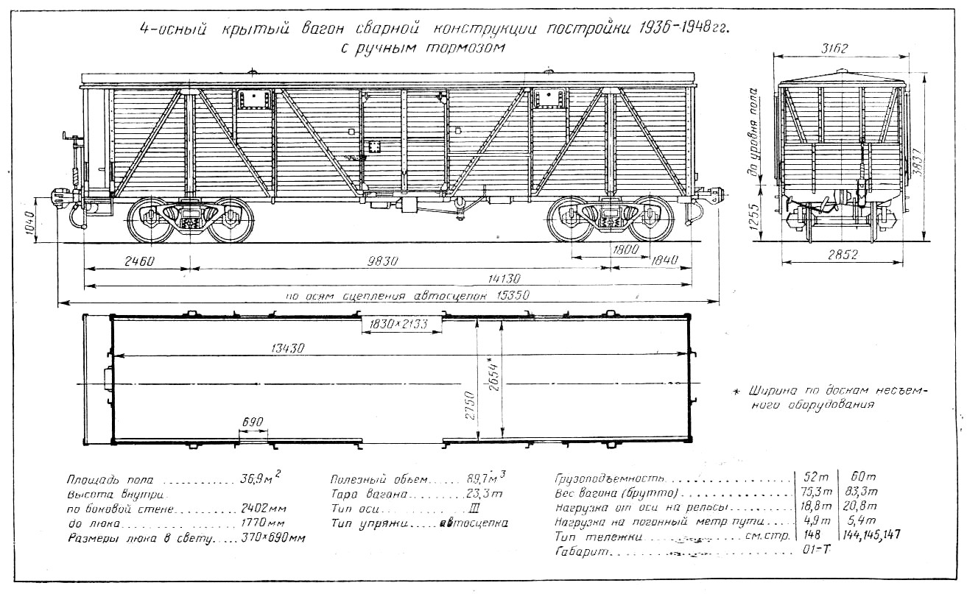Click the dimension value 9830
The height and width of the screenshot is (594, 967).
[x=381, y=260]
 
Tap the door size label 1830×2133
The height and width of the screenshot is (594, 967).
[x=400, y=325]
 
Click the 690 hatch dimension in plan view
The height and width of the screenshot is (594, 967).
[x=253, y=423]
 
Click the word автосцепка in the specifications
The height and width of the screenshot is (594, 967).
[x=474, y=523]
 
